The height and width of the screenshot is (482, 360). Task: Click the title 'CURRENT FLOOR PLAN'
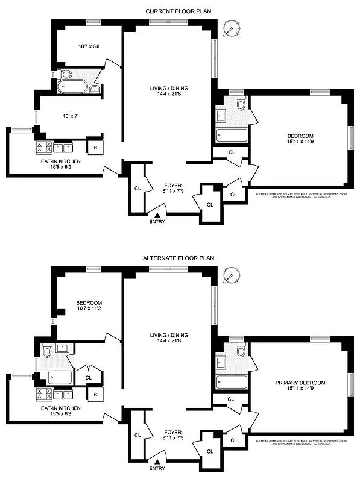(x=180, y=11)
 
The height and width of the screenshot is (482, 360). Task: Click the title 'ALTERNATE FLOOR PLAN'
(x=180, y=258)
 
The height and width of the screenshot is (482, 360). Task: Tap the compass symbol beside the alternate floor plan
(x=229, y=277)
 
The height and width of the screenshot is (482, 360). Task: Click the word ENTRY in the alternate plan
(x=157, y=468)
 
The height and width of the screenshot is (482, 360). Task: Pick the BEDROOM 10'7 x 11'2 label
(x=89, y=306)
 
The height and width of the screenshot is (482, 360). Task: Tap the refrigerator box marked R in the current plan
(x=95, y=146)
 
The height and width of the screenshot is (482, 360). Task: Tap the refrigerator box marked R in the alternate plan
(x=95, y=394)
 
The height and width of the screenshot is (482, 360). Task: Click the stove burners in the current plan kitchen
(x=44, y=146)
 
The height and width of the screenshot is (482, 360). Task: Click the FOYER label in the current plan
(x=172, y=188)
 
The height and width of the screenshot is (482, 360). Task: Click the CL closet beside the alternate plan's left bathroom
(x=88, y=377)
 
